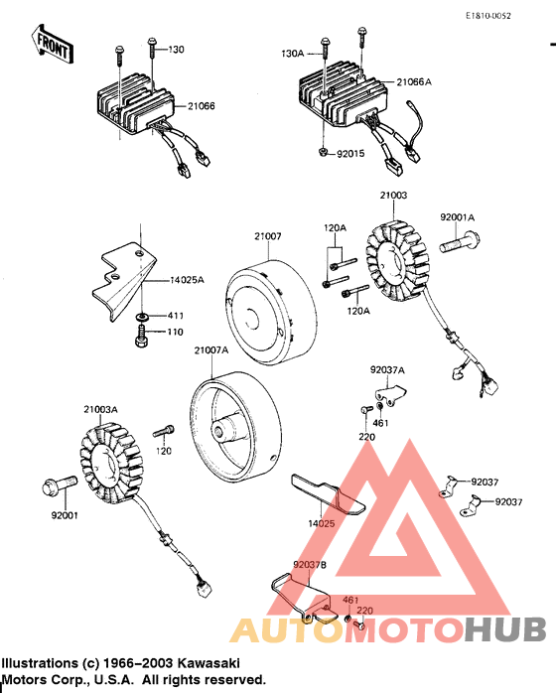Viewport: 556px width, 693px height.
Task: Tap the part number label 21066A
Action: click(415, 82)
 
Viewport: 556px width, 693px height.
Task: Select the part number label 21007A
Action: click(211, 350)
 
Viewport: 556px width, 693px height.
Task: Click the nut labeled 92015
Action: click(325, 151)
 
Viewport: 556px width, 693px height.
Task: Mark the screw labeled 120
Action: click(164, 431)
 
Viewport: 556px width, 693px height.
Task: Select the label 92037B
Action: click(309, 565)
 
